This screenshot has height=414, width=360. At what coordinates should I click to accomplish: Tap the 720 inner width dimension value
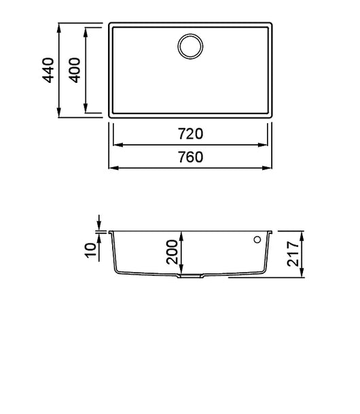click(x=191, y=134)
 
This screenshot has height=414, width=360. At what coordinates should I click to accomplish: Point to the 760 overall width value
click(x=191, y=157)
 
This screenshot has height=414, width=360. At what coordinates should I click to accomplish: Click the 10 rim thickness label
click(x=91, y=250)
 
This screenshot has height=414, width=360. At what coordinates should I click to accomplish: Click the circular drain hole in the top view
click(x=190, y=46)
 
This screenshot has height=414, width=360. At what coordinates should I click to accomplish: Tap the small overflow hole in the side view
click(x=257, y=240)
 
